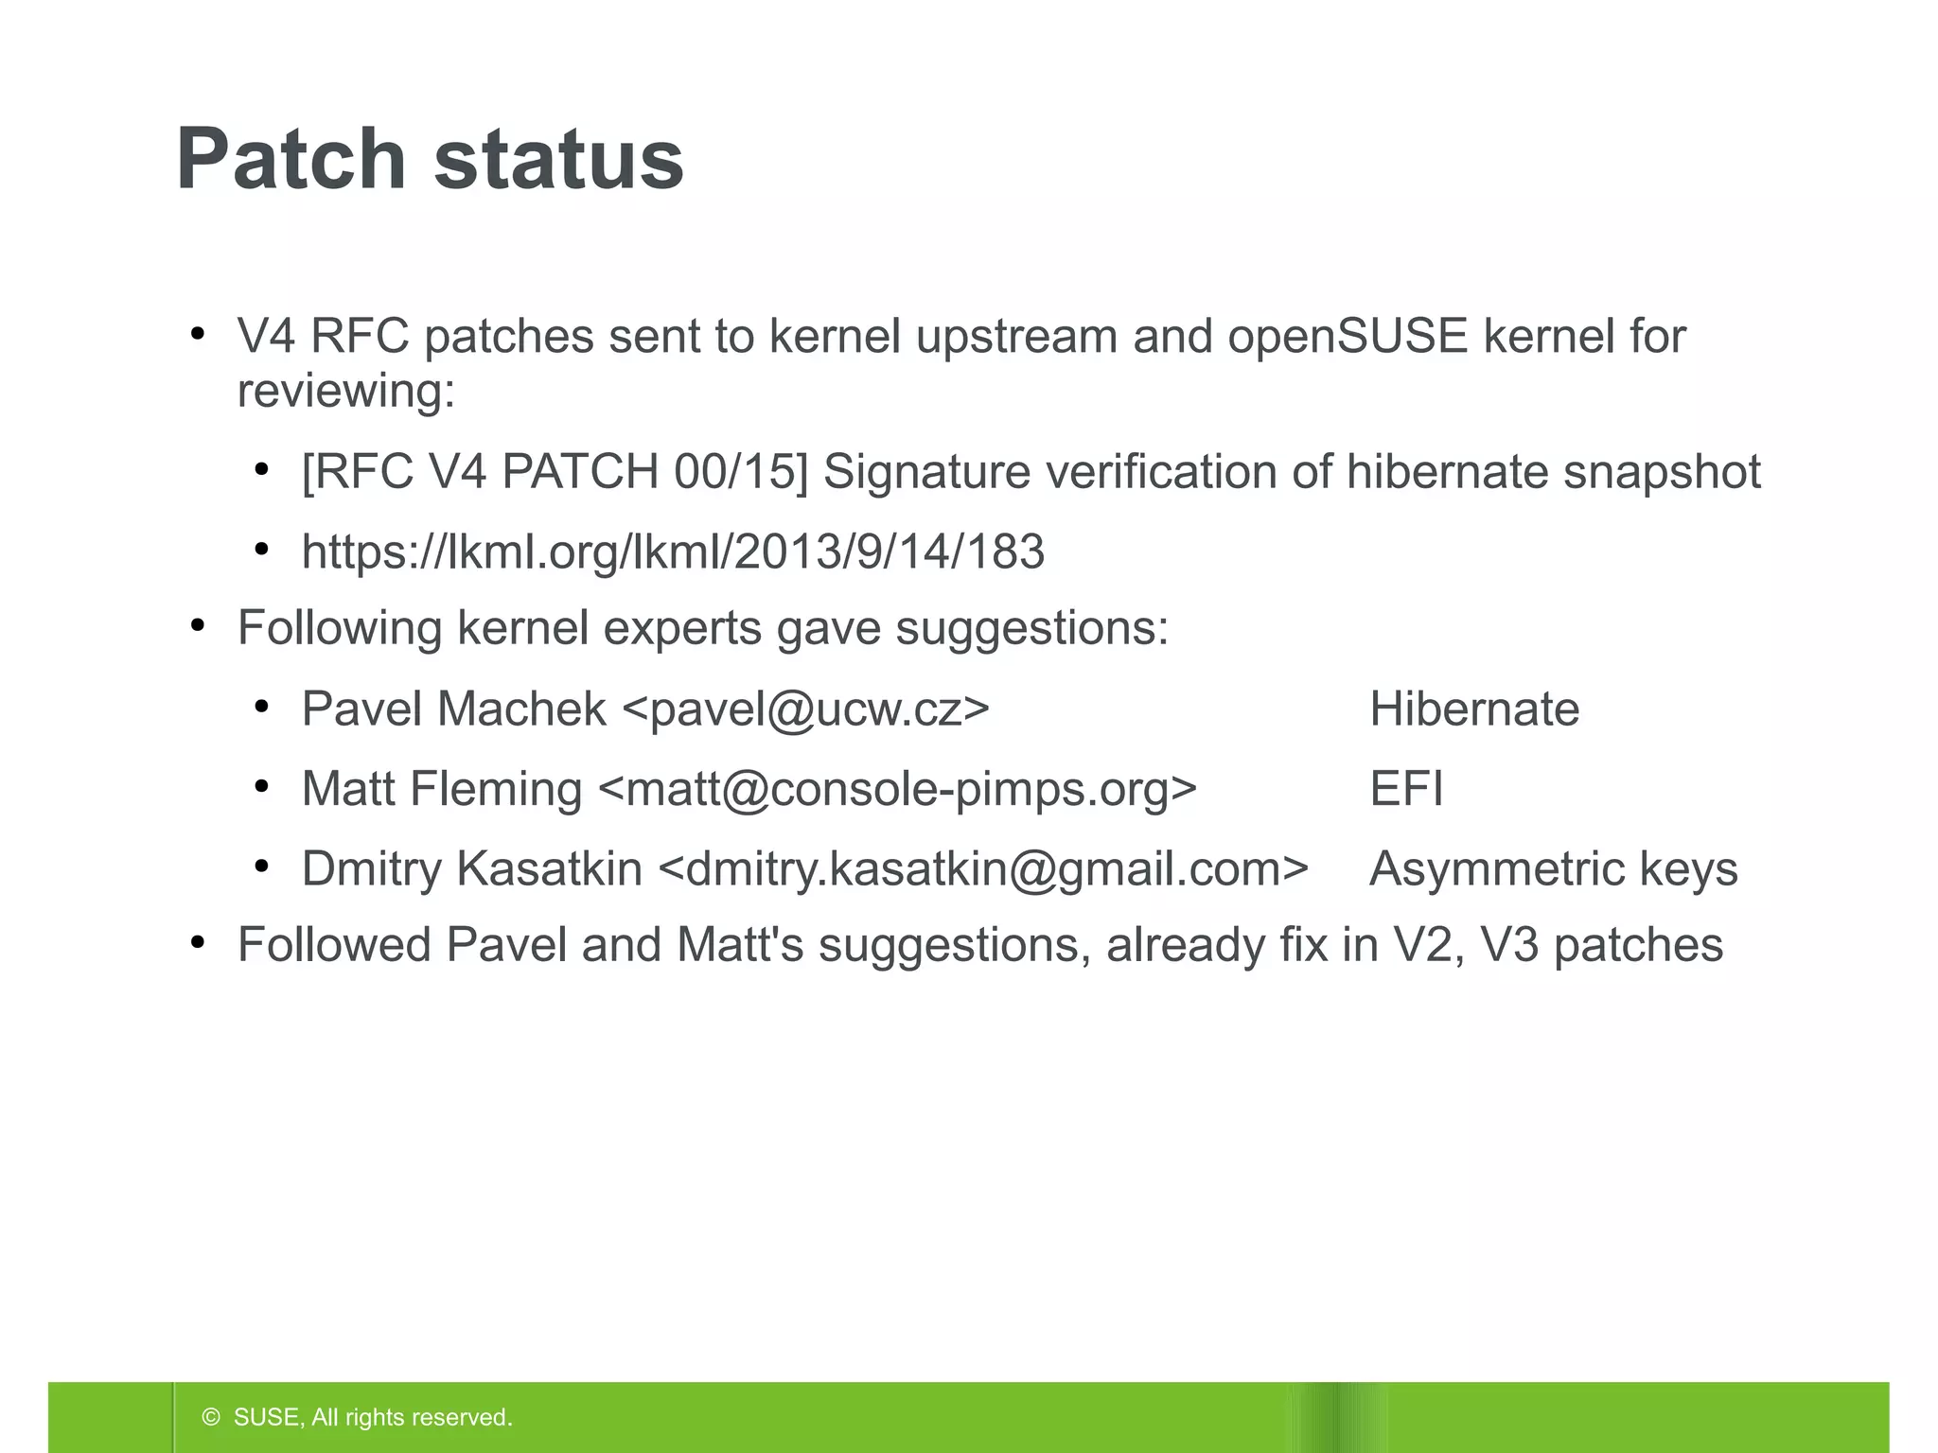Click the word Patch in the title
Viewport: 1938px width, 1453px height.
tap(291, 159)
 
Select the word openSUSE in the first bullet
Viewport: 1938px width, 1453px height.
tap(1348, 336)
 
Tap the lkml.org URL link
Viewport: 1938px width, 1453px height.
tap(673, 551)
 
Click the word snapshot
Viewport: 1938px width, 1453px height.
tap(1662, 471)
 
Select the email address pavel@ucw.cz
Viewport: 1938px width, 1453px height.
tap(806, 709)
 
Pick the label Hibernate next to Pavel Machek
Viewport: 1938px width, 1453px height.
tap(1474, 709)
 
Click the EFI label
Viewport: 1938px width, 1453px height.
tap(1406, 789)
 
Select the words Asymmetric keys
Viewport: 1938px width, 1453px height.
tap(1553, 868)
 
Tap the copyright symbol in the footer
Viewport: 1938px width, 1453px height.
tap(211, 1417)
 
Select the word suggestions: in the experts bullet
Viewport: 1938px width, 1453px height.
tap(1031, 628)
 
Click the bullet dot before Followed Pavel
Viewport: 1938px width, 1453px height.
tap(198, 943)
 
